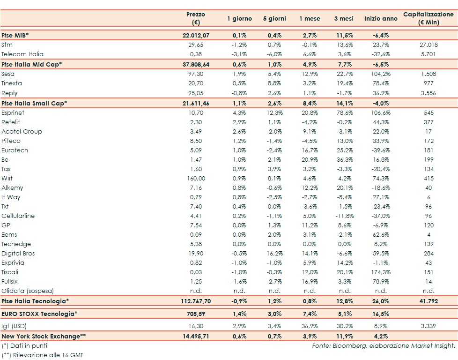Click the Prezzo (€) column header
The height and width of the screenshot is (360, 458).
[195, 18]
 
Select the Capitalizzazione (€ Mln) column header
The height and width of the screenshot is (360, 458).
[428, 18]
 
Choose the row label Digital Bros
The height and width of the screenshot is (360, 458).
[18, 254]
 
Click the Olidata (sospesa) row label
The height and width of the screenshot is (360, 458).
[28, 291]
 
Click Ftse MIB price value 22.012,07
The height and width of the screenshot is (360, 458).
[195, 36]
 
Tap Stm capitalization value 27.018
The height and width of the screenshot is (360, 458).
[428, 45]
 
